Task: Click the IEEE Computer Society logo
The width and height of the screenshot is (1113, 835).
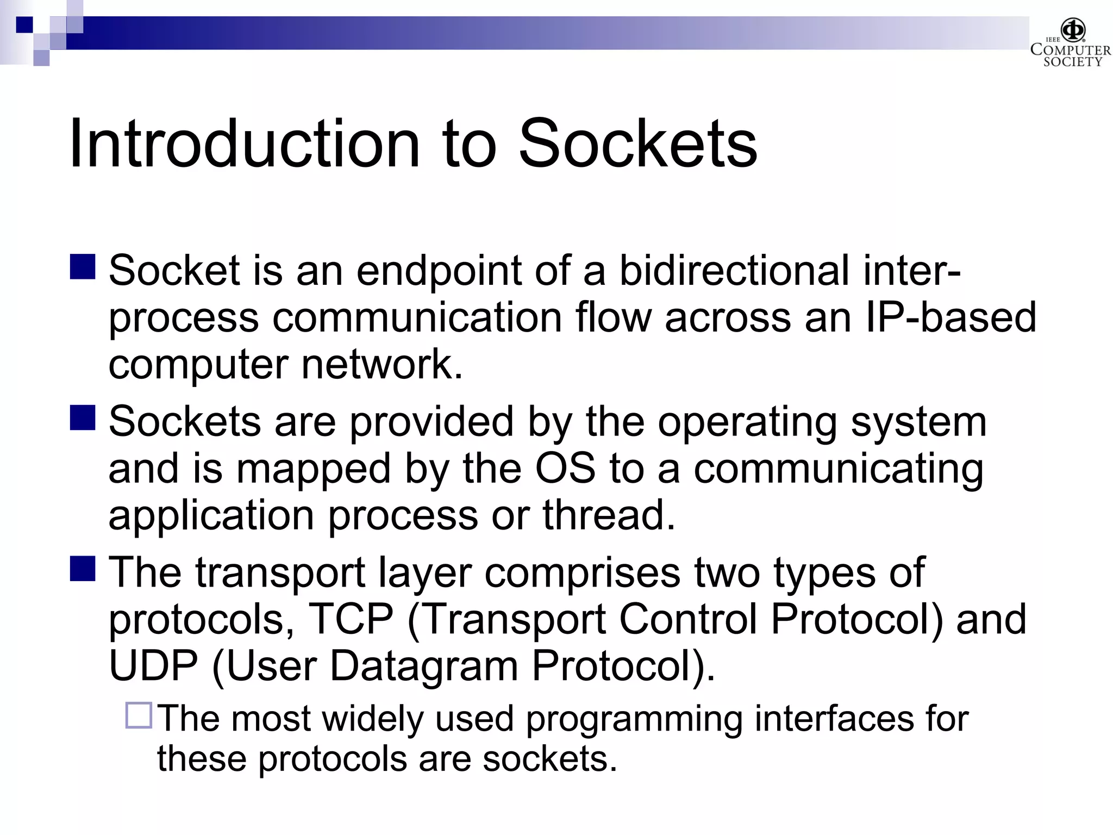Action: pyautogui.click(x=1070, y=43)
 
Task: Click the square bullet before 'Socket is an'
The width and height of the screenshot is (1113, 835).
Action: pyautogui.click(x=83, y=267)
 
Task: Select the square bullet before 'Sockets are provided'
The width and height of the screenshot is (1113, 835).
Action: pyautogui.click(x=83, y=417)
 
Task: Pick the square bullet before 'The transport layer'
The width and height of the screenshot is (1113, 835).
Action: pyautogui.click(x=83, y=569)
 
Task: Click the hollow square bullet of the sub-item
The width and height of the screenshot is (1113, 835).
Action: pyautogui.click(x=139, y=715)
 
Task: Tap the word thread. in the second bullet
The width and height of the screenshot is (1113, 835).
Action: pyautogui.click(x=609, y=515)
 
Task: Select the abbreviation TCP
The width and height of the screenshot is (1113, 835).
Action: pyautogui.click(x=351, y=619)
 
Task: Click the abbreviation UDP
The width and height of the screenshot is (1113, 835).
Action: pyautogui.click(x=153, y=666)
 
